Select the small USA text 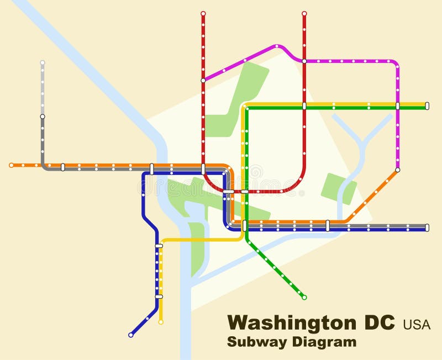tap(417, 324)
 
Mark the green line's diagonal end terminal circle tap(304, 297)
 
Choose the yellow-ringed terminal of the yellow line tap(161, 322)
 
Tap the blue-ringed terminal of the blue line tap(131, 335)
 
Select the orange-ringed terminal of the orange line tap(11, 165)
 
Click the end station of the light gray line tap(43, 62)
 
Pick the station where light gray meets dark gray tap(43, 117)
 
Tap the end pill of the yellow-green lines tap(427, 105)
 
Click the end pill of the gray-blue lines tap(427, 227)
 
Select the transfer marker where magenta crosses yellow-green tap(397, 105)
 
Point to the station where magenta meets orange tap(397, 170)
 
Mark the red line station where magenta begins tap(203, 80)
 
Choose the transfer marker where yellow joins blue tap(159, 245)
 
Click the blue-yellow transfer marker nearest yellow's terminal tap(159, 297)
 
